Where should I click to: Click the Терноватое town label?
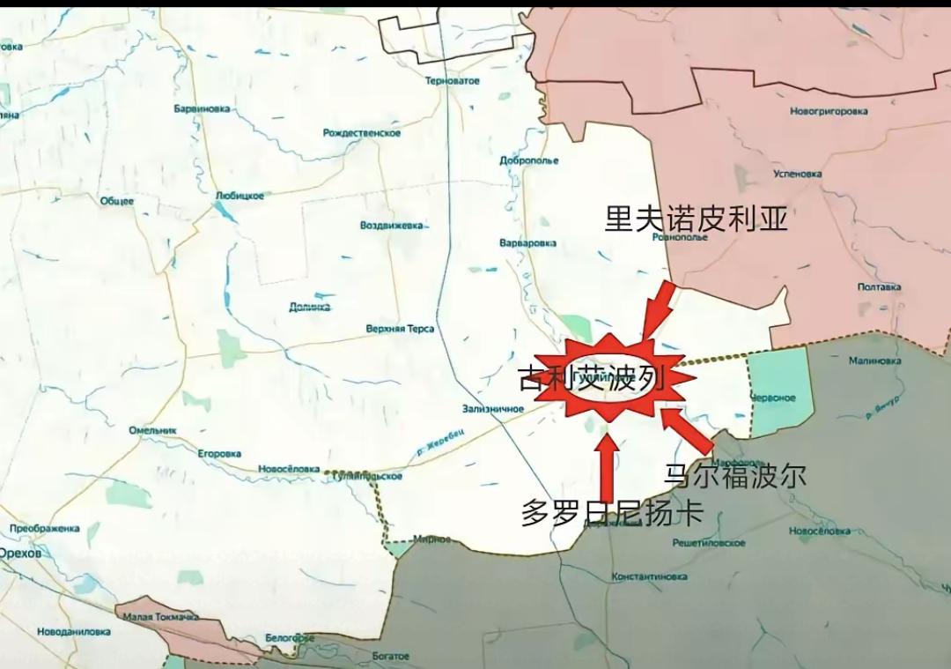(x=453, y=81)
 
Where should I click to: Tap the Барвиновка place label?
(x=202, y=109)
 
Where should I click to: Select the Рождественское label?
(x=363, y=133)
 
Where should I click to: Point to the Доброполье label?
(x=529, y=161)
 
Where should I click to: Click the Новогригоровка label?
(x=829, y=111)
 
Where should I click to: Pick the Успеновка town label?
(x=798, y=174)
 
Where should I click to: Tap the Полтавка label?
(x=880, y=287)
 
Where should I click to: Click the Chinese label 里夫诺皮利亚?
(x=696, y=219)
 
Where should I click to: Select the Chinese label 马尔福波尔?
(x=735, y=476)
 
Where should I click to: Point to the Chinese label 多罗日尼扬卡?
(x=611, y=513)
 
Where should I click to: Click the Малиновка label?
(x=874, y=361)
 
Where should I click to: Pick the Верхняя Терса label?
(x=400, y=329)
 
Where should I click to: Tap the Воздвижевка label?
(x=392, y=226)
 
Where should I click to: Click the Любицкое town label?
(x=240, y=196)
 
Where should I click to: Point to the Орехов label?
(x=26, y=553)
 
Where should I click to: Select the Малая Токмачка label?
(x=161, y=617)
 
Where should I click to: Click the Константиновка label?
(x=649, y=577)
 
